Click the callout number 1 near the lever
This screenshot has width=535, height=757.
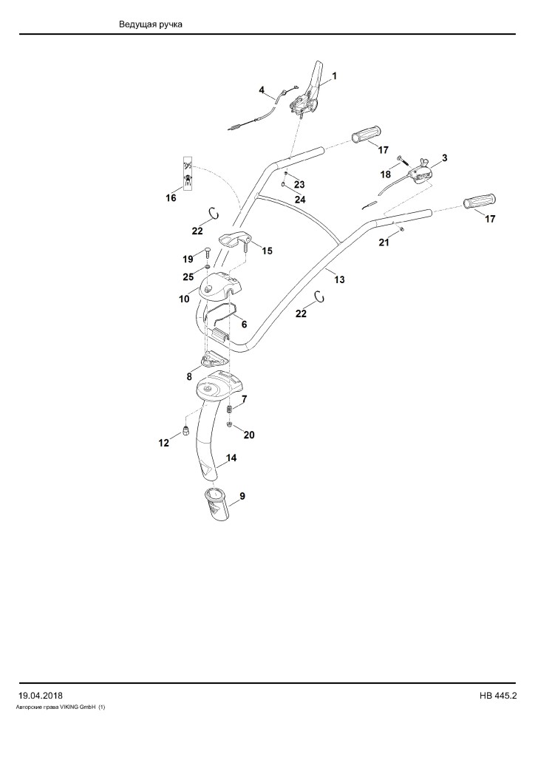[x=334, y=76]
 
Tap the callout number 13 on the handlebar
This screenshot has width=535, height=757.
[x=340, y=279]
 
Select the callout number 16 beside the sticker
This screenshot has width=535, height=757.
[x=171, y=198]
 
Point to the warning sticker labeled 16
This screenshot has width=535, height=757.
[x=188, y=173]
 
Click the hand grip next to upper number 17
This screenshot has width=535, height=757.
[x=367, y=135]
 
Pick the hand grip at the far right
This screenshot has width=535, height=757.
[x=480, y=201]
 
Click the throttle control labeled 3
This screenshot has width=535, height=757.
[x=420, y=172]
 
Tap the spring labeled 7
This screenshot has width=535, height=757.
[x=230, y=409]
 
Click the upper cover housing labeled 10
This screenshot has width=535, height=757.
[x=220, y=288]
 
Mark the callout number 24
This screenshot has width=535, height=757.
[x=300, y=200]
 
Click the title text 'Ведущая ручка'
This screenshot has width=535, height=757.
[x=151, y=24]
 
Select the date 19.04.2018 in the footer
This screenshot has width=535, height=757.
[x=41, y=696]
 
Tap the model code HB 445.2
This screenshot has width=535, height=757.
[x=498, y=696]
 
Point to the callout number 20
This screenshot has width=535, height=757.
[x=249, y=435]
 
